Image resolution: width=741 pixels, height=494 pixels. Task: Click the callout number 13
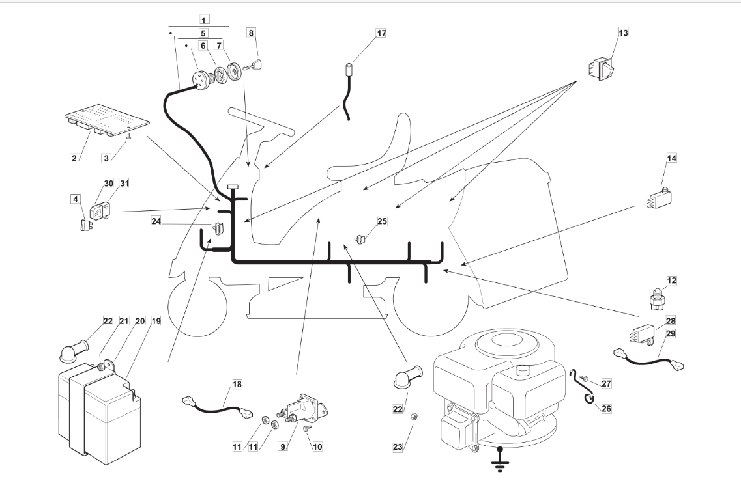(x=623, y=33)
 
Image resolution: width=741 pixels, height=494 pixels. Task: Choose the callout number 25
(x=382, y=222)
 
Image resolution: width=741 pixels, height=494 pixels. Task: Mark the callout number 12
(x=671, y=281)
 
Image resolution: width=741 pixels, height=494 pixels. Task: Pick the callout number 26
(x=607, y=409)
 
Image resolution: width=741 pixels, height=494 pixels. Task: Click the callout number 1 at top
(x=204, y=20)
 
